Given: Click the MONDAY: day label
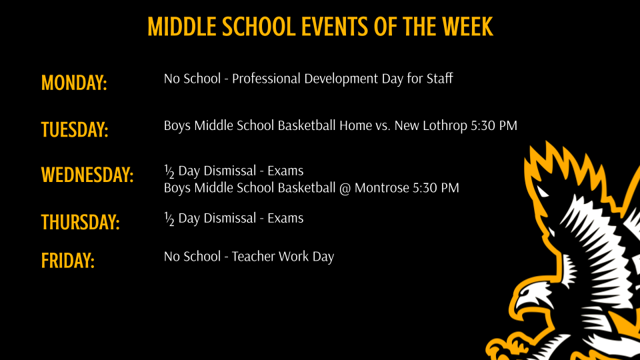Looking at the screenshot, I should coord(74,83).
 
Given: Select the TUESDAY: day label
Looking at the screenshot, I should coord(75,129).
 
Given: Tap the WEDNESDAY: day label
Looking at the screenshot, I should coord(87,175).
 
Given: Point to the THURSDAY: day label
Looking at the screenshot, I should coord(80,222).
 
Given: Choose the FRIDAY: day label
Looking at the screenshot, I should coord(68,260).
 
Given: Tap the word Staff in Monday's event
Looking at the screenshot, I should coord(439,79).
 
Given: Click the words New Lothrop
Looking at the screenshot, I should coord(426,125).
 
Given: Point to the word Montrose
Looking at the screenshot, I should coord(382,188).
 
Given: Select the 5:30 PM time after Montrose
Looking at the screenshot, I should coord(436,188).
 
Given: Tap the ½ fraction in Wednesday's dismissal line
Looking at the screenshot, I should coord(169,171).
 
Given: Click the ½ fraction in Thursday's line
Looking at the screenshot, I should coord(169,219).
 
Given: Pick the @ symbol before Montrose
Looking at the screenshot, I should coord(345,189).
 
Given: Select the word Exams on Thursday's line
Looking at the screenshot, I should coord(285,218).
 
